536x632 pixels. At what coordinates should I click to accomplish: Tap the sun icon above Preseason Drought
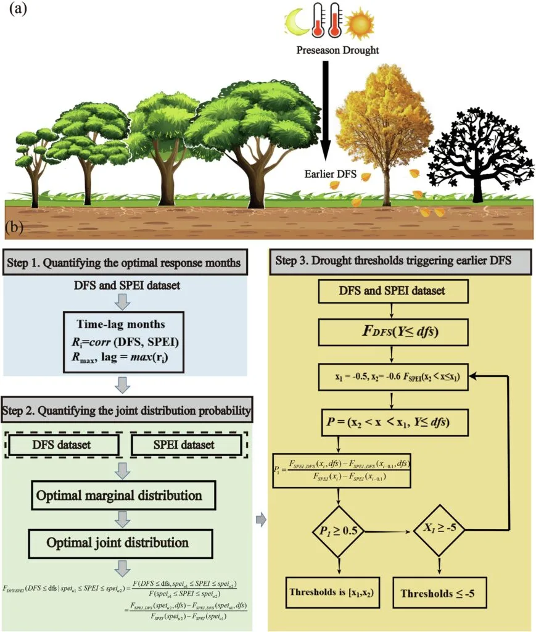pyautogui.click(x=358, y=24)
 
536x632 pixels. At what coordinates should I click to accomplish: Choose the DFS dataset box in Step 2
pyautogui.click(x=64, y=445)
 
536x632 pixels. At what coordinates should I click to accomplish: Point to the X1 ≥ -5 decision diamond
pyautogui.click(x=439, y=528)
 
